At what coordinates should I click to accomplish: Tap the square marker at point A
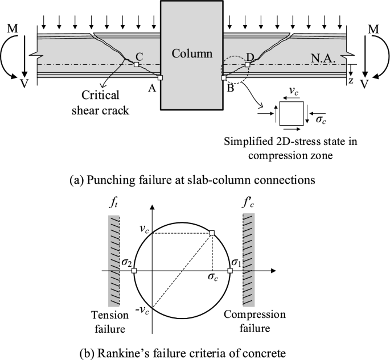(x=161, y=78)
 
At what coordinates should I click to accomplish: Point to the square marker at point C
(x=136, y=64)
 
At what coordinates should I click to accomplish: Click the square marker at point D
(x=247, y=64)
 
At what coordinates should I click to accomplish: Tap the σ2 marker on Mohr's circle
(x=134, y=271)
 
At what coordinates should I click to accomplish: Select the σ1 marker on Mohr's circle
(x=230, y=271)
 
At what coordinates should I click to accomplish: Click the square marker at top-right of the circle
(x=212, y=233)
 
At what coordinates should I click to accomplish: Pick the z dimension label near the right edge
(x=351, y=80)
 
